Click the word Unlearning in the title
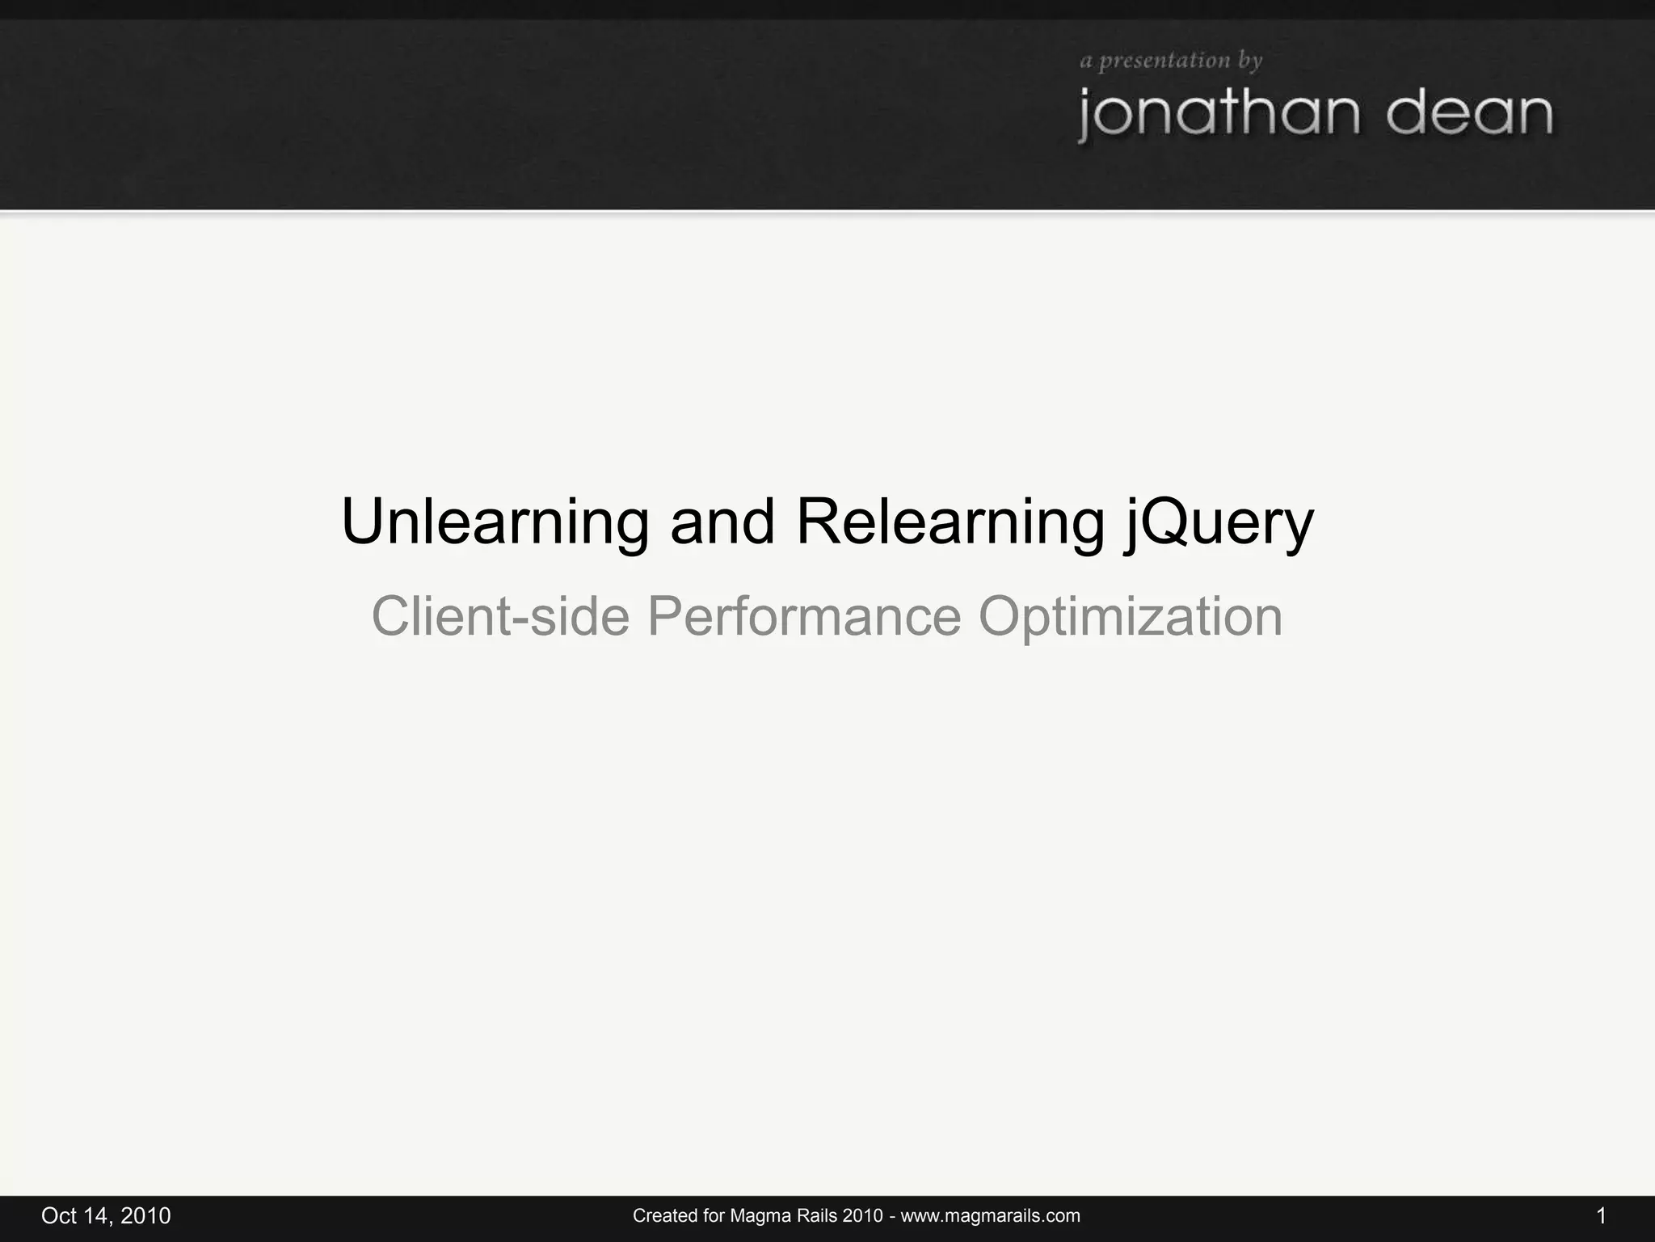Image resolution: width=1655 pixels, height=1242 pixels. tap(495, 522)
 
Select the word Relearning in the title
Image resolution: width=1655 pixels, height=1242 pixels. tap(950, 522)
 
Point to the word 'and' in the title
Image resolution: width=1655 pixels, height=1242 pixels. tap(722, 522)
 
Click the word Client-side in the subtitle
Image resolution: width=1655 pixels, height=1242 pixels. tap(499, 616)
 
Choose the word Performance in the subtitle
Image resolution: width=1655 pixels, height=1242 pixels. tap(804, 616)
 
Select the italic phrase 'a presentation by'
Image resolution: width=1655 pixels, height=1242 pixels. tap(1171, 61)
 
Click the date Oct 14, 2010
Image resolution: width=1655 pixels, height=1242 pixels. tap(106, 1216)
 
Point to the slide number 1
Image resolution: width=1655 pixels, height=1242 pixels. tap(1601, 1216)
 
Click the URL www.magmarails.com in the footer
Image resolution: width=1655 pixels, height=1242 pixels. tap(990, 1216)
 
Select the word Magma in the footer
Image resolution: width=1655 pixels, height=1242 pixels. tap(756, 1216)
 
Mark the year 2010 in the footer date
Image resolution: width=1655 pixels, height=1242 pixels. tap(145, 1216)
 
